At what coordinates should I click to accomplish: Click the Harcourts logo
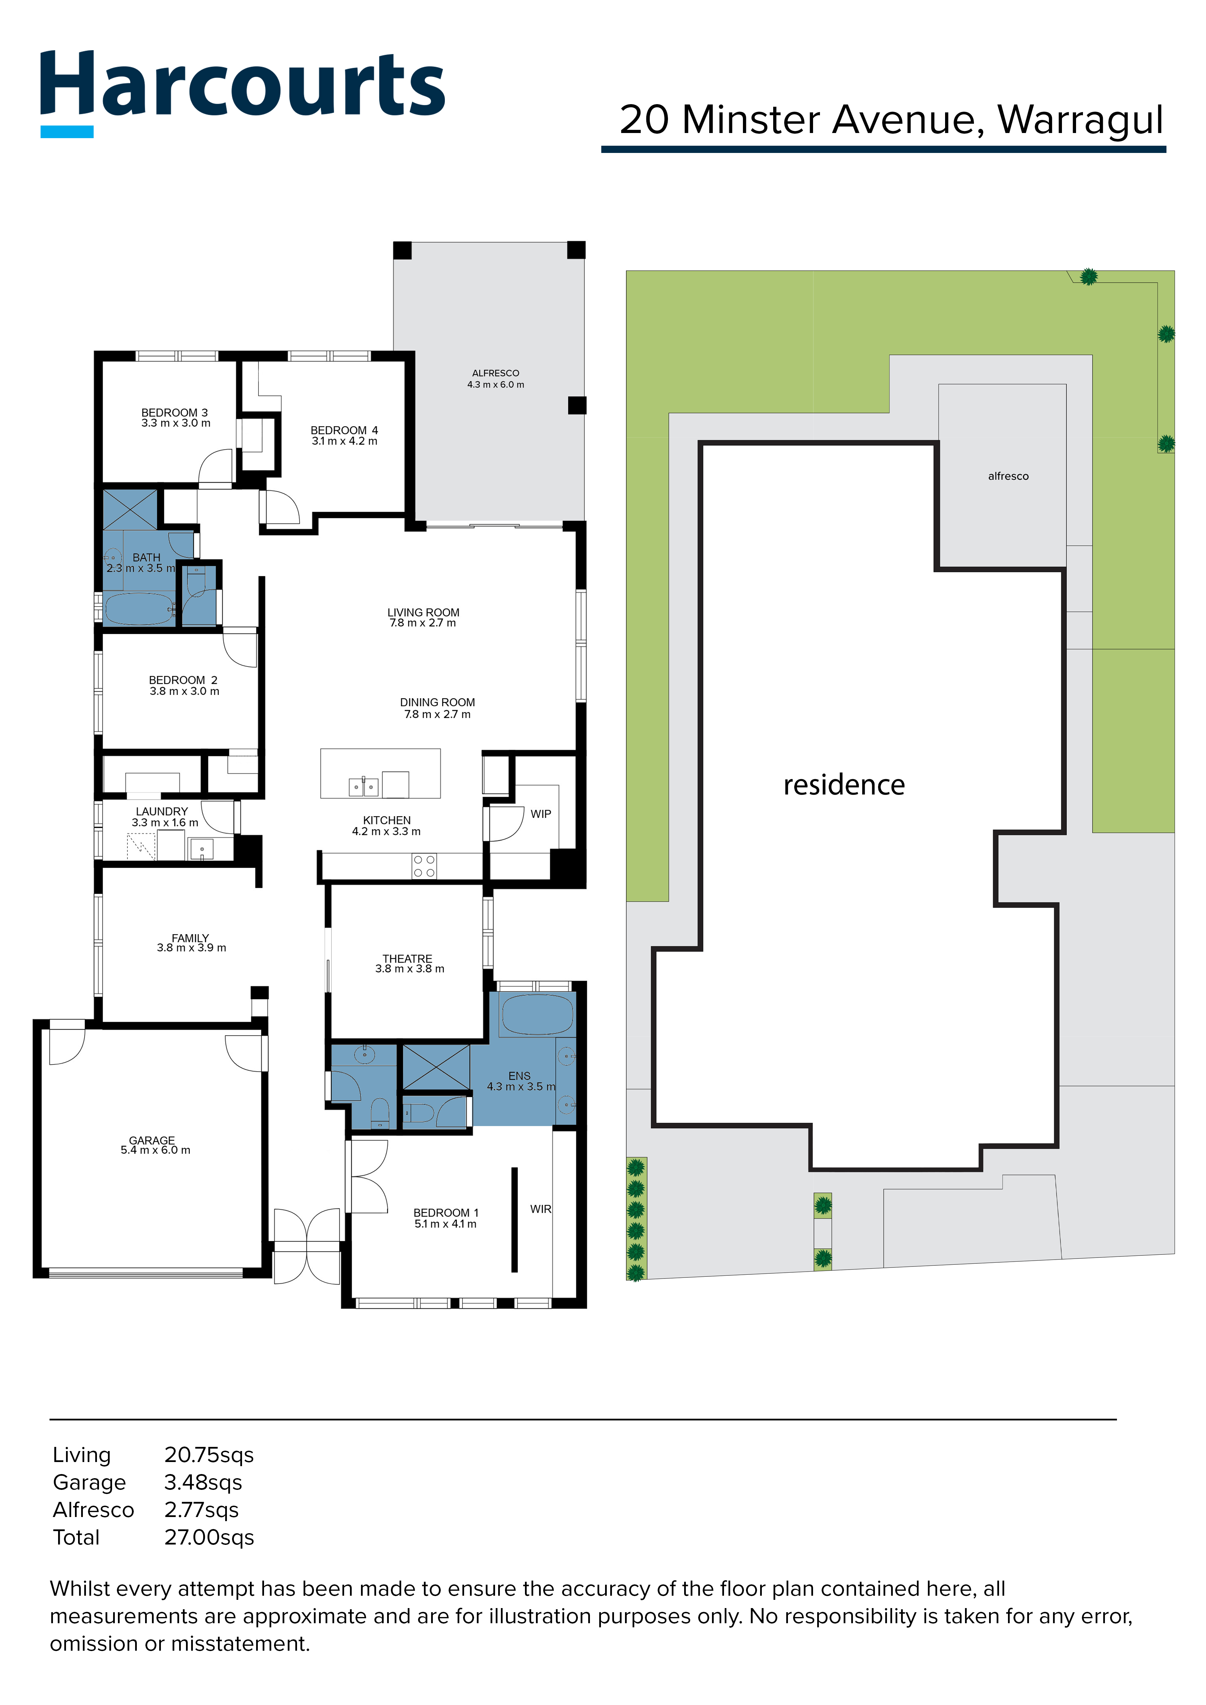pos(242,93)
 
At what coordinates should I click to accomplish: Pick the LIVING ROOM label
pos(423,613)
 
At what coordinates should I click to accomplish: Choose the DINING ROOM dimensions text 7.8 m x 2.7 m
pos(437,715)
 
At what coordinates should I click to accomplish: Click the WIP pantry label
pos(541,814)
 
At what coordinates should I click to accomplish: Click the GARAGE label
pos(152,1140)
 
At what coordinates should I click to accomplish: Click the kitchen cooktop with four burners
pos(424,866)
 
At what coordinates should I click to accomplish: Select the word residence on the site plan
pos(844,785)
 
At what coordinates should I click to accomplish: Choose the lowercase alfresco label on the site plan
pos(1008,476)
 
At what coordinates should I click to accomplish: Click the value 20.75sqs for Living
pos(209,1455)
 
